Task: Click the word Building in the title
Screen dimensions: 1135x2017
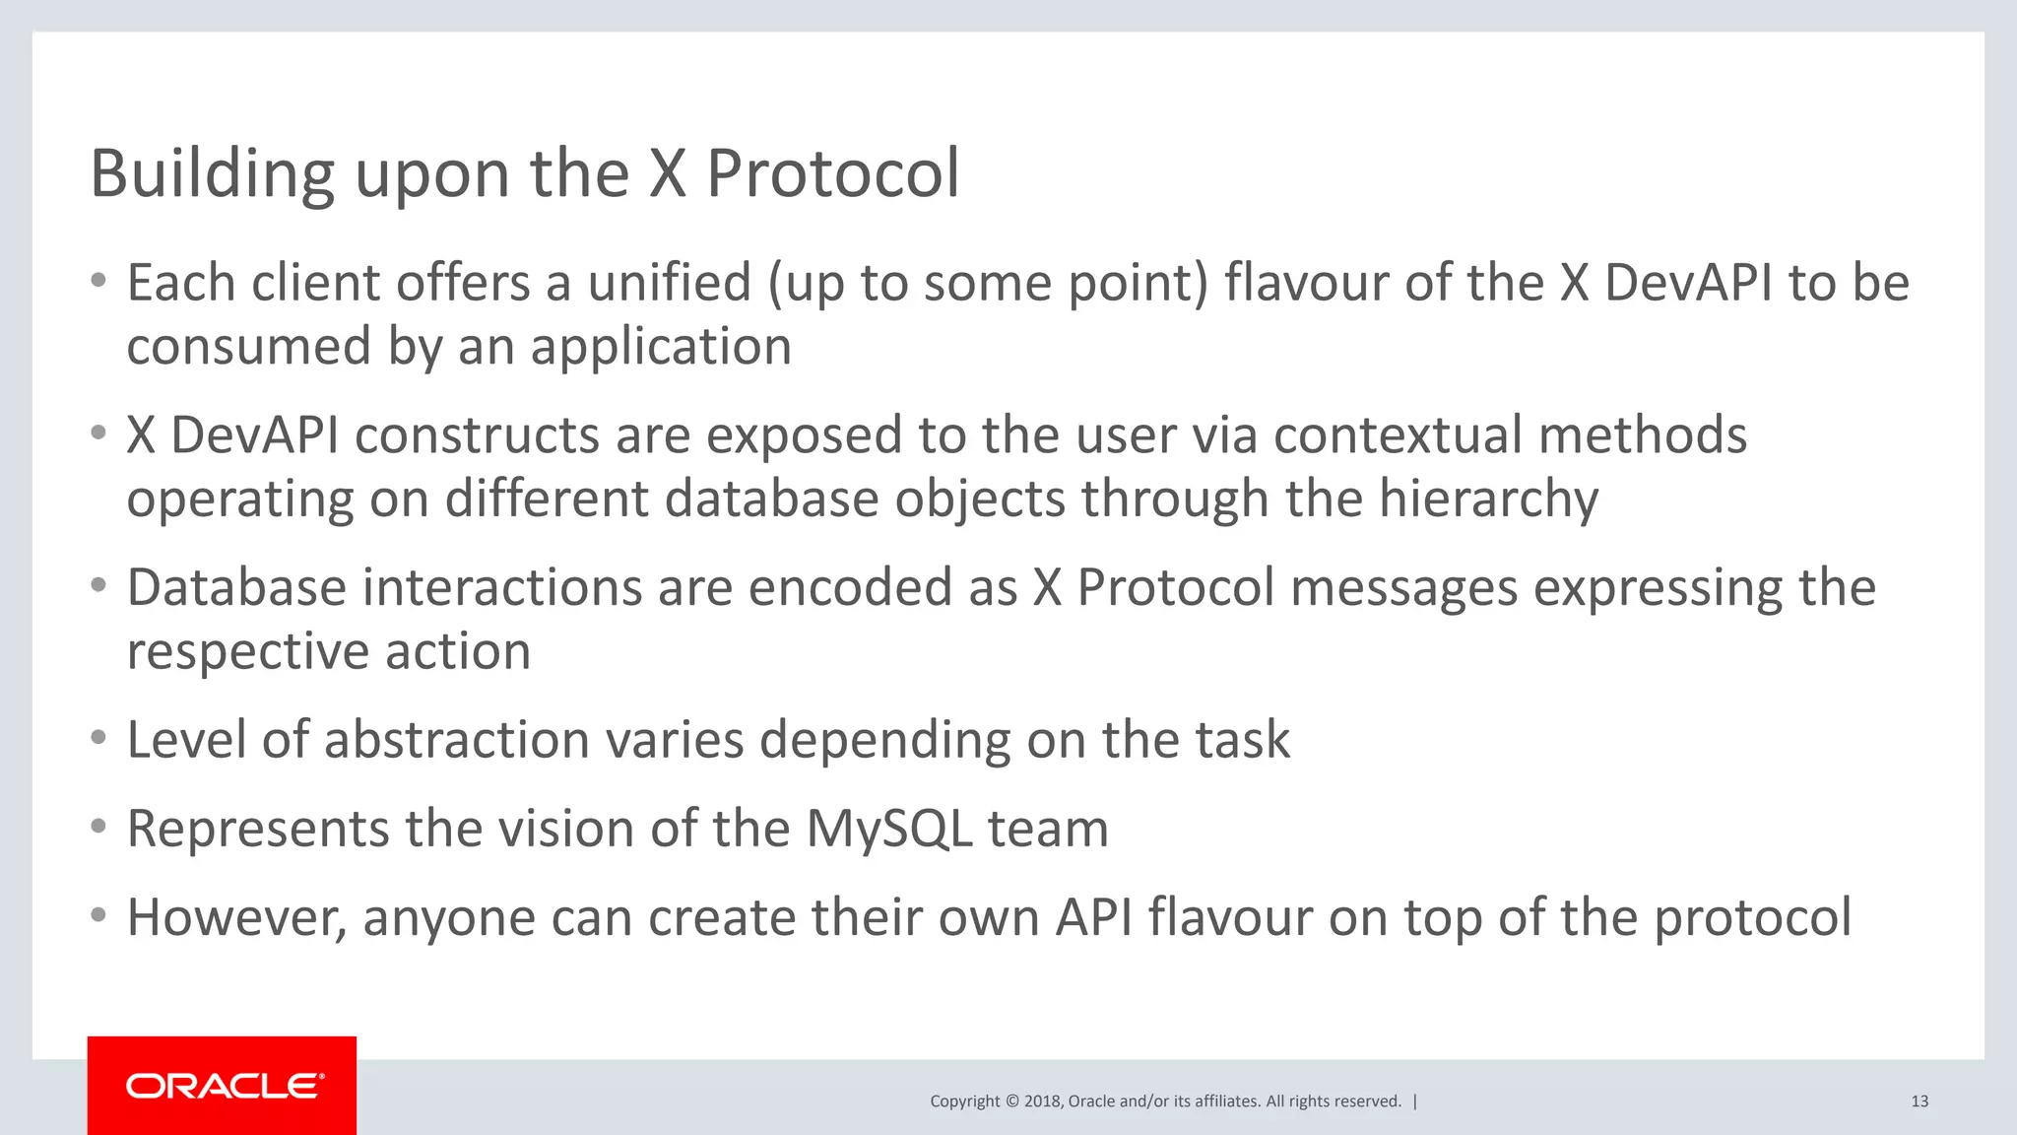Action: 212,174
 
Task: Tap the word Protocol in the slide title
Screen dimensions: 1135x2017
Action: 832,174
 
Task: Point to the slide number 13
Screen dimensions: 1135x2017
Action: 1919,1102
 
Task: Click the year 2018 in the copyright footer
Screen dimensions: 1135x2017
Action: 1041,1102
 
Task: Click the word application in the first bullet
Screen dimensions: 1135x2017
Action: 661,347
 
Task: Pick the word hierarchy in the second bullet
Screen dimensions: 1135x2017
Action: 1488,499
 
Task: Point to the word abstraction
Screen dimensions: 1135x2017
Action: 456,740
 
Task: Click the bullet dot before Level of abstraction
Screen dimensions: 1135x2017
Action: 98,738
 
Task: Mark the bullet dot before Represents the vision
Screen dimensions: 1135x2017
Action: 98,827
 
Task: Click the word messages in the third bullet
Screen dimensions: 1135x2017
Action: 1403,588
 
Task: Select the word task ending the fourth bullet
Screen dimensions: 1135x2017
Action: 1242,740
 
